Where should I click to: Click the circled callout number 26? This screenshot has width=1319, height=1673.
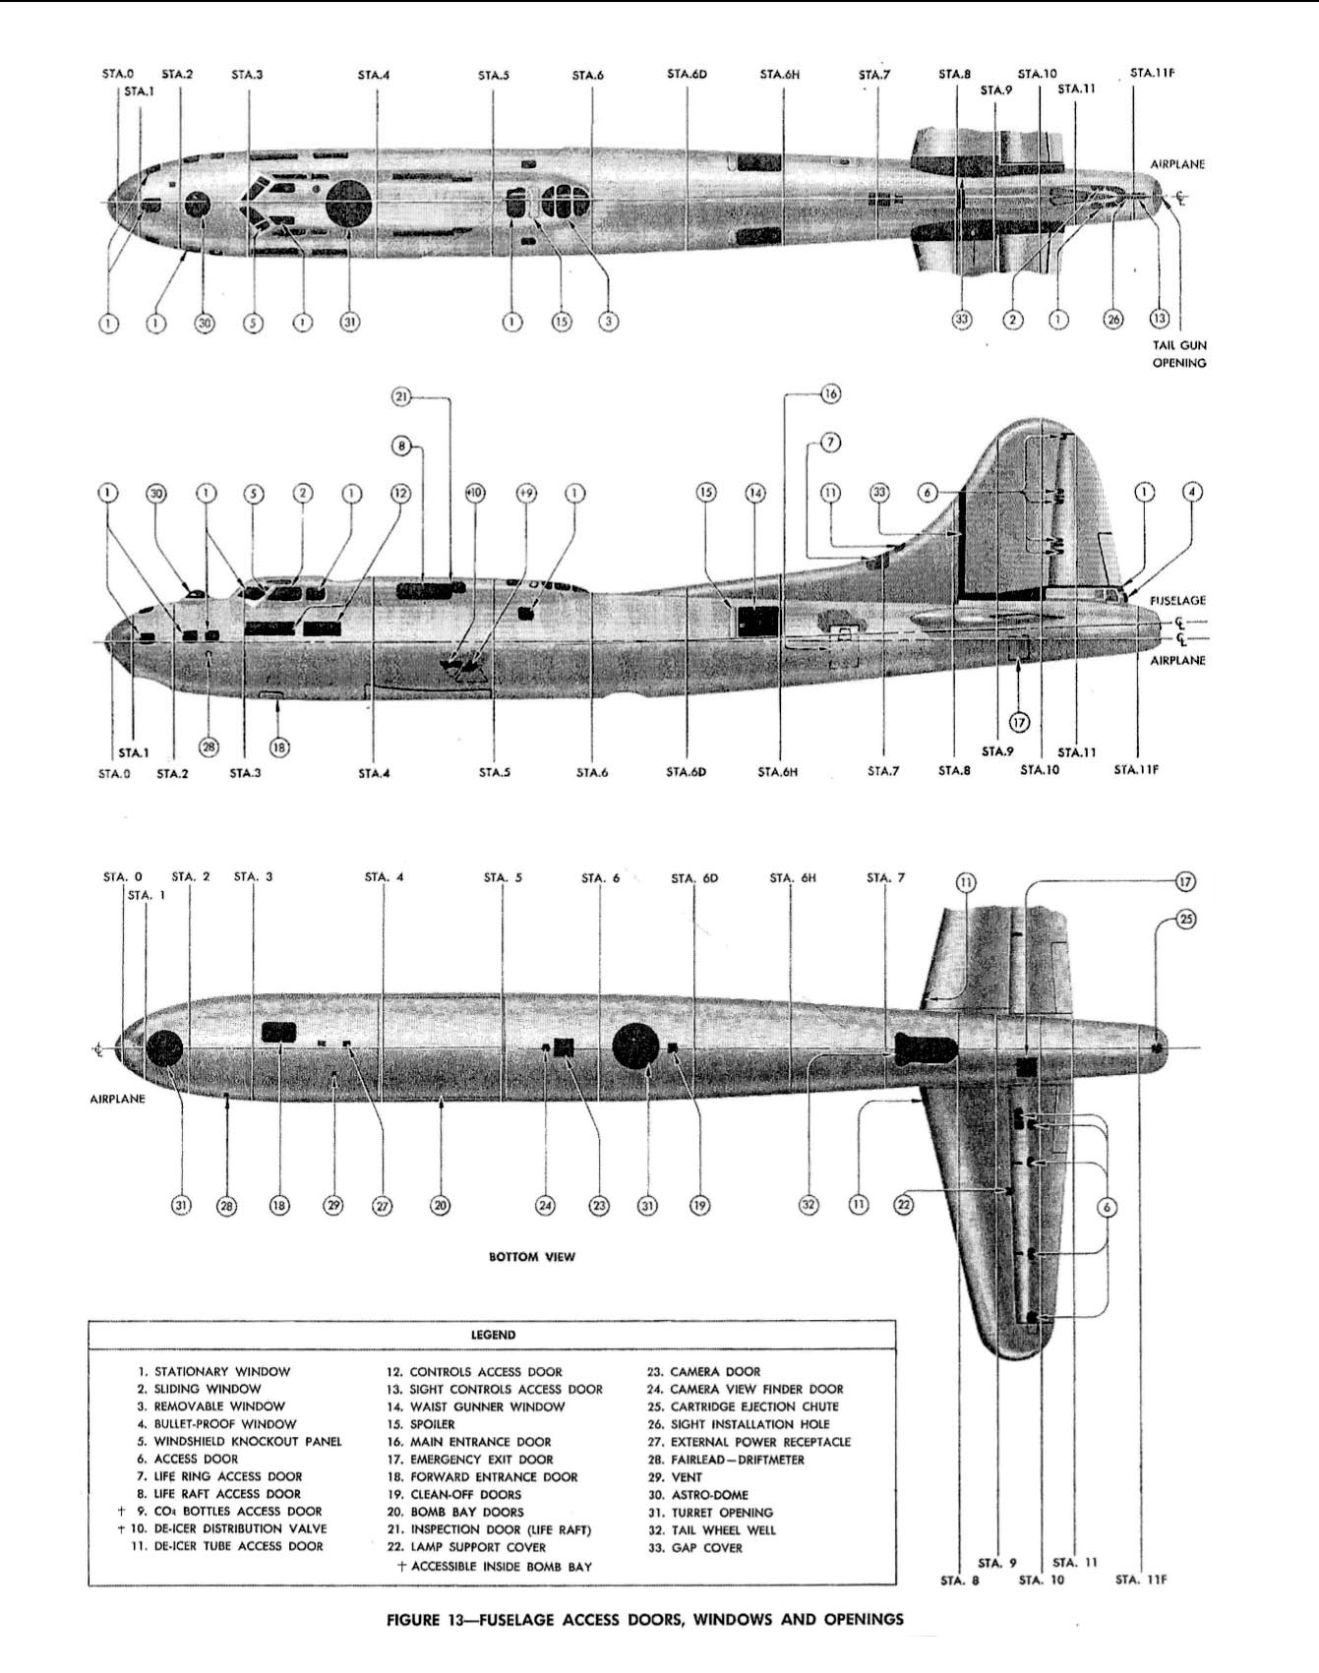(1112, 321)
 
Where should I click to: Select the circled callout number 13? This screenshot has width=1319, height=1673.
(1160, 320)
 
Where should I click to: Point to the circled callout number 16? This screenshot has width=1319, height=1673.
(830, 394)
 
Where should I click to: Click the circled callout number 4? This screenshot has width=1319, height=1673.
(1192, 492)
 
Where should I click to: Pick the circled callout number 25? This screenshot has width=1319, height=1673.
(1186, 920)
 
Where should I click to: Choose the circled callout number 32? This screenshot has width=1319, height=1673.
(808, 1205)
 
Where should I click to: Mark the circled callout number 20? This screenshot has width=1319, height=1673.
(440, 1205)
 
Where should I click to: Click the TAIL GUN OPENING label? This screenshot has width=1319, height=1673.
(1179, 354)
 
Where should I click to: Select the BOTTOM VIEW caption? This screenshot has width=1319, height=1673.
(532, 1256)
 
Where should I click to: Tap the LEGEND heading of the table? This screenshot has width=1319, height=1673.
(493, 1335)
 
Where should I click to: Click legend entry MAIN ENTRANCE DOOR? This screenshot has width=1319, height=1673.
(480, 1442)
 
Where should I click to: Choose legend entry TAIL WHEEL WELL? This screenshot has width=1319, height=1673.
(723, 1530)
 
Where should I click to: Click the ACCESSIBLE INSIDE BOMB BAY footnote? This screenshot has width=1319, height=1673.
(501, 1566)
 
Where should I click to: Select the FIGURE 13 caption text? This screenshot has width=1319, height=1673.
(645, 1619)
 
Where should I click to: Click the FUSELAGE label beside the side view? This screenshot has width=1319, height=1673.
(1177, 600)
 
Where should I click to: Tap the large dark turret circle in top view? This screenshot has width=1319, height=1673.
(349, 205)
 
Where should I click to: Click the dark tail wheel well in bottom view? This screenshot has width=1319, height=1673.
(925, 1048)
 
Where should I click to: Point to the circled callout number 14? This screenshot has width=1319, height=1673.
(755, 492)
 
